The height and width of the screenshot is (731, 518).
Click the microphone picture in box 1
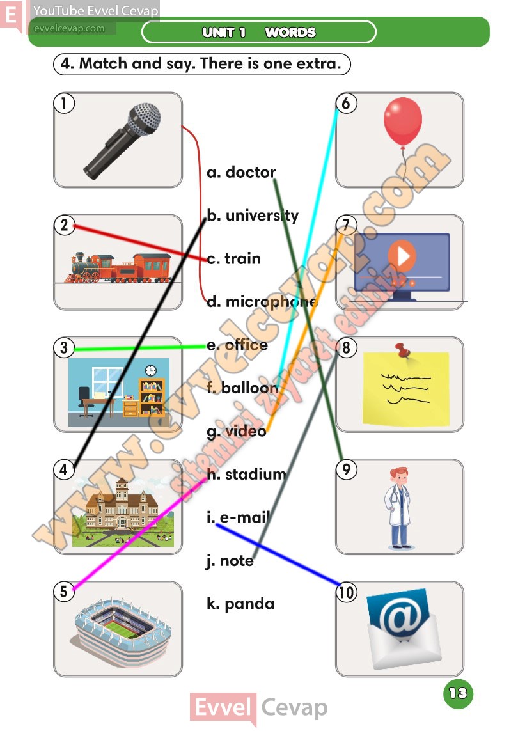coord(122,141)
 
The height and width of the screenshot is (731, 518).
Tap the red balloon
coord(403,122)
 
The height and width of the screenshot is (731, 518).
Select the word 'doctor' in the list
coord(251,173)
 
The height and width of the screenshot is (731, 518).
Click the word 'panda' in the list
coord(249,604)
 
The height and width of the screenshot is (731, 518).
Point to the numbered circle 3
coord(65,347)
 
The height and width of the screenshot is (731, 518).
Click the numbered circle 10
coord(347,592)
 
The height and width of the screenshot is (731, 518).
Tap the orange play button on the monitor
coord(402,256)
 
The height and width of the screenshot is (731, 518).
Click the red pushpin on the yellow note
coord(402,350)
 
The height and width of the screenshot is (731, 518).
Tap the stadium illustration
coord(121,630)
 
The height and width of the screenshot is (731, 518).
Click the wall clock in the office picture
coord(150,371)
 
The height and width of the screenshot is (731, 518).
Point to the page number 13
coord(458,693)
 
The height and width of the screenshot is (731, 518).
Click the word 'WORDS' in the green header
coord(290,32)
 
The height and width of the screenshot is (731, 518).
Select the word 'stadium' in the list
coord(256,475)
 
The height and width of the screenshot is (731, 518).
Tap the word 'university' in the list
coord(262,216)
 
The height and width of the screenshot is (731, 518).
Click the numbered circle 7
coord(347,225)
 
